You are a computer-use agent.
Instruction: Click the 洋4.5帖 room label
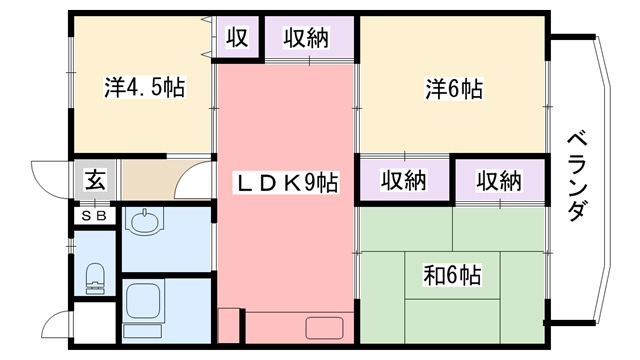(x=143, y=88)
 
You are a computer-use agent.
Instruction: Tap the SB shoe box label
(x=96, y=214)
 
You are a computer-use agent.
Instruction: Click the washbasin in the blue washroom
(x=145, y=221)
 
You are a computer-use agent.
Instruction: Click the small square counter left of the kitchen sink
(x=229, y=326)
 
